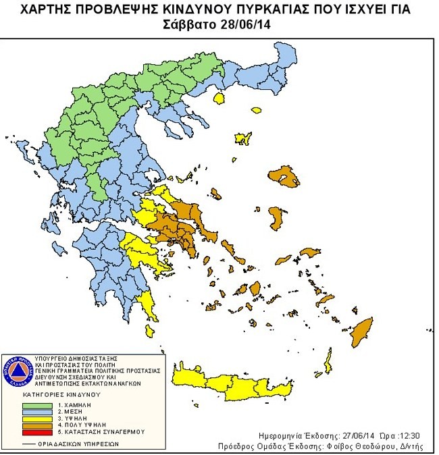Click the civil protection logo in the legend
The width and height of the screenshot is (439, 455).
(20, 370)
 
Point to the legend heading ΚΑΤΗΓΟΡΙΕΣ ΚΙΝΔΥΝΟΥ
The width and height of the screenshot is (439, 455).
(62, 393)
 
